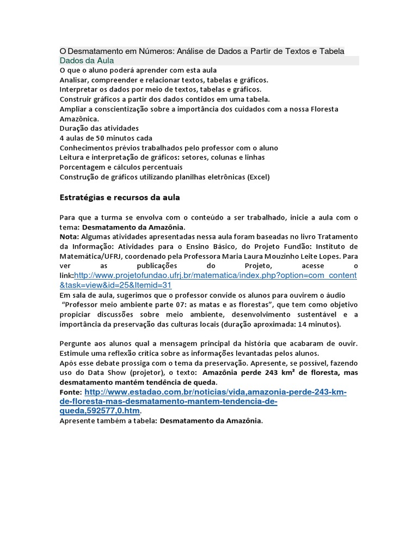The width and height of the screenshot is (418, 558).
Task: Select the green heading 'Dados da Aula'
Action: pos(87,60)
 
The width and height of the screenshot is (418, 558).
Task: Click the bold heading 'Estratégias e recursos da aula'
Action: pos(119,197)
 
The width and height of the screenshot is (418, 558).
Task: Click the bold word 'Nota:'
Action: pos(69,236)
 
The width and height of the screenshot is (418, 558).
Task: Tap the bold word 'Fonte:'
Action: pos(71,392)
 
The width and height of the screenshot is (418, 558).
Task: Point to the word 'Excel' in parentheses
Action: pos(259,177)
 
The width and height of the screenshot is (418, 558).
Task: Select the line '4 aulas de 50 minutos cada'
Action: pos(106,138)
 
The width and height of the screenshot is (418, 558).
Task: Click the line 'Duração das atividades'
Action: pos(99,128)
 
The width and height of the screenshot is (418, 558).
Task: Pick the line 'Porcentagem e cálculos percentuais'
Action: pos(121,167)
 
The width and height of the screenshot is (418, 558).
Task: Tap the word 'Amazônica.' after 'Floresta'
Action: pos(79,118)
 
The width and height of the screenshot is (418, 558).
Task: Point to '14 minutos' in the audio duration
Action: pos(318,324)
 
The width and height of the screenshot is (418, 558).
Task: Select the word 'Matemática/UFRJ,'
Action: pos(89,256)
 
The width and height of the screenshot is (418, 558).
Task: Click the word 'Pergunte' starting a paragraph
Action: pos(76,343)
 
